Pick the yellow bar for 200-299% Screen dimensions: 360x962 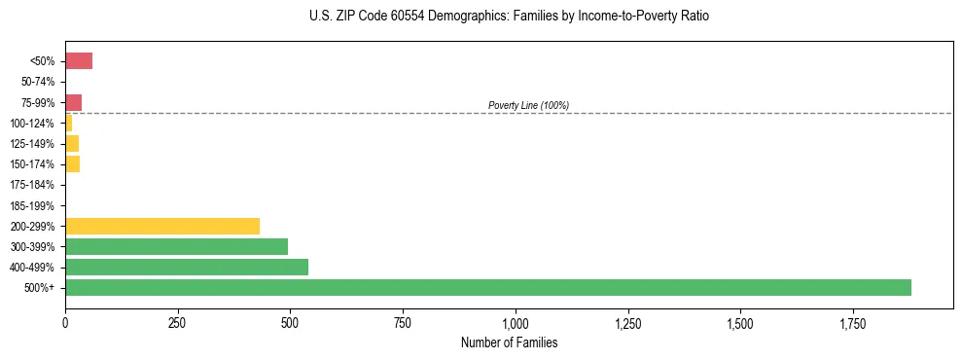[162, 226]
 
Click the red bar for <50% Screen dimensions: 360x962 [79, 61]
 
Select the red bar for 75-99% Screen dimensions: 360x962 [73, 102]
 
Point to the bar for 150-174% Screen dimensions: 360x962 [72, 163]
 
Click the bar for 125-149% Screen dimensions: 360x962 [72, 143]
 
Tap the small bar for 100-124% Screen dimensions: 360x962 [69, 123]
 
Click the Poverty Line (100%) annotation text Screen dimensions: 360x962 [528, 105]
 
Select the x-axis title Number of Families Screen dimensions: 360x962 [509, 343]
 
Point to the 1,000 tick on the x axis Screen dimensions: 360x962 [516, 322]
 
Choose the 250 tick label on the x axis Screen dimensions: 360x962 [177, 322]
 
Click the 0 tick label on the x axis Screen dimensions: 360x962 [65, 322]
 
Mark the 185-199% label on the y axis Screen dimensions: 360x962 [34, 205]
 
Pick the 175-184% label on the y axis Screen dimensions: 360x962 [34, 185]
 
